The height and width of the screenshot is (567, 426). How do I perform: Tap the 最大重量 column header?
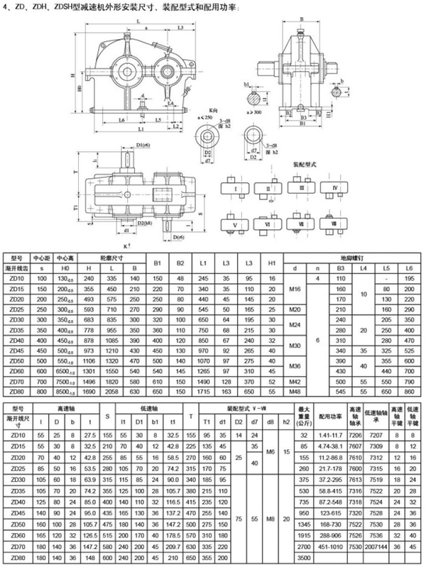pyautogui.click(x=305, y=414)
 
